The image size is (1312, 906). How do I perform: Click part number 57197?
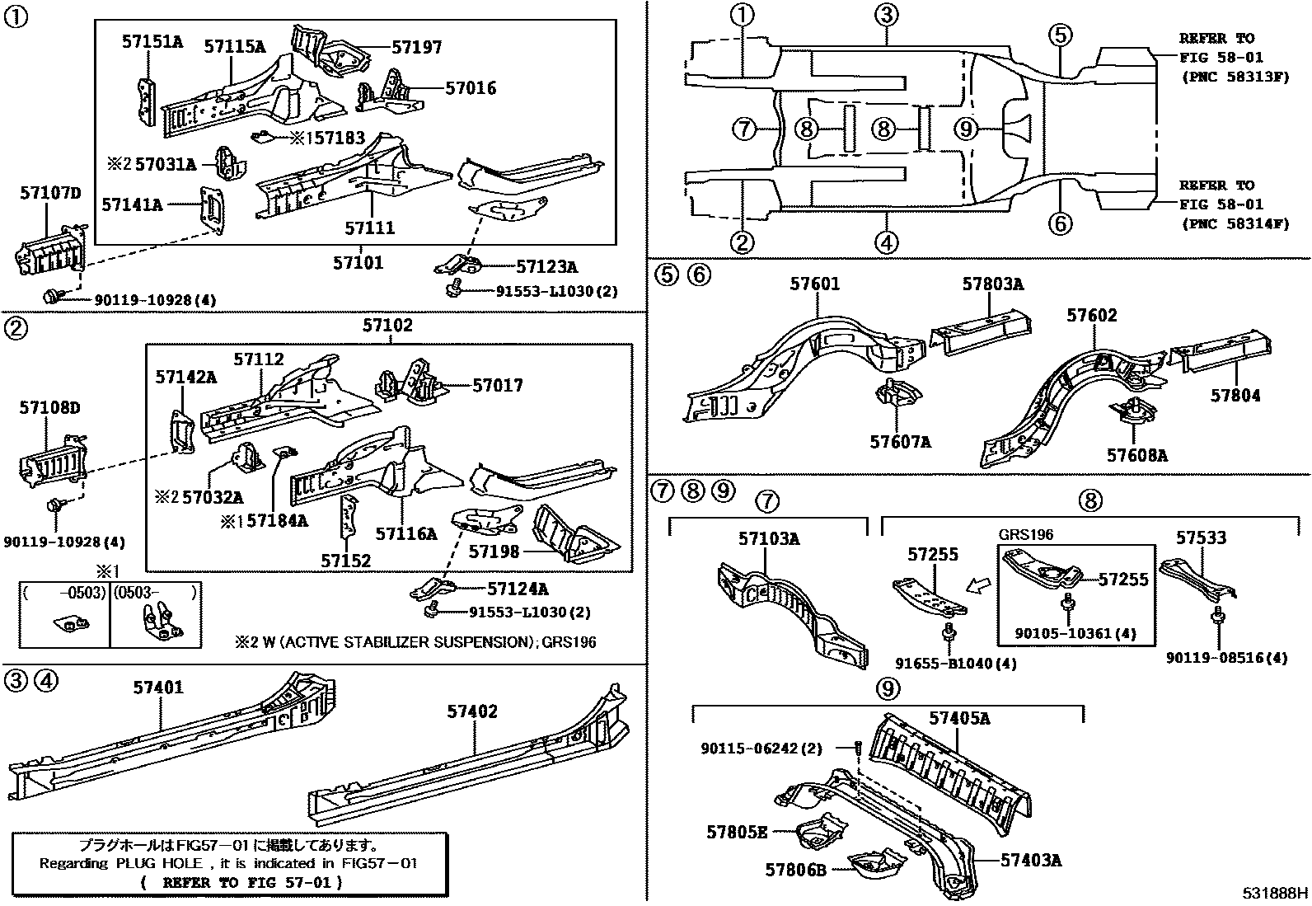[x=416, y=48]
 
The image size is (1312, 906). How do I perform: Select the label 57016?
[x=471, y=88]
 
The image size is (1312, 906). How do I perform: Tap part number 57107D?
[x=50, y=194]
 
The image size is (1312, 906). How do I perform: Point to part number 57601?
[x=814, y=284]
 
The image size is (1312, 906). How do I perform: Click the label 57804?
[x=1235, y=396]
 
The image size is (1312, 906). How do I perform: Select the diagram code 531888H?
[x=1276, y=893]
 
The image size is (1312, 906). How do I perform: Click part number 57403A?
[x=1030, y=861]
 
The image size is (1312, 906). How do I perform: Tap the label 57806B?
[x=795, y=869]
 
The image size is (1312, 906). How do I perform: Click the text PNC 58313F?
[x=1232, y=77]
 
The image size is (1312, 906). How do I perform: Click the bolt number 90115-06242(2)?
[x=761, y=749]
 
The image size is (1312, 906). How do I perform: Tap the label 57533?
[x=1201, y=537]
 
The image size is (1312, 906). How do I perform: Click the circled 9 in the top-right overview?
[x=968, y=129]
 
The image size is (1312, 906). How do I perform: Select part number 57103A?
[x=768, y=539]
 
